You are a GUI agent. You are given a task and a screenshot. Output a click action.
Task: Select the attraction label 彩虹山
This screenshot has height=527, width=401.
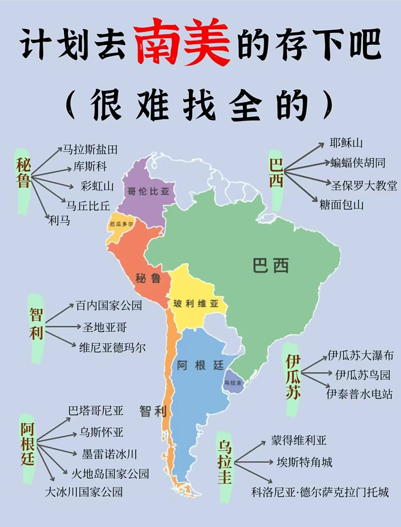tap(97, 186)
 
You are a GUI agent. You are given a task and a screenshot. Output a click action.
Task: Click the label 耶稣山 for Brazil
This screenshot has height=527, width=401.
tap(346, 143)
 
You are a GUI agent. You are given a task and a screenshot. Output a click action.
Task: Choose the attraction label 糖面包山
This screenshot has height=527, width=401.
tap(341, 204)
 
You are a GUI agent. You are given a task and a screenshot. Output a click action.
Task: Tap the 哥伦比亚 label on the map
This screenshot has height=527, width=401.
tap(148, 191)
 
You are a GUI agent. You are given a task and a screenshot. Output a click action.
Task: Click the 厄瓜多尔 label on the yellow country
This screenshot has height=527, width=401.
tap(121, 224)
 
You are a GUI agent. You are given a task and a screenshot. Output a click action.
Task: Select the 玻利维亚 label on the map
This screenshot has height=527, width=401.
tap(196, 304)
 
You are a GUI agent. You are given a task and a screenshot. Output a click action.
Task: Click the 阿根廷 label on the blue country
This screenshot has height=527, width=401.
tap(200, 365)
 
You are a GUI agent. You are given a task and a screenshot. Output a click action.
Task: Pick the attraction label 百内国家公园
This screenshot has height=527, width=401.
tap(109, 305)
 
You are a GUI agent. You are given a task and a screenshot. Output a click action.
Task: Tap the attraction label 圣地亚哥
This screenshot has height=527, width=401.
tap(105, 327)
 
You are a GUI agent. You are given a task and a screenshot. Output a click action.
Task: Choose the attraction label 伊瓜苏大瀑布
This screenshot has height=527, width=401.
tap(361, 355)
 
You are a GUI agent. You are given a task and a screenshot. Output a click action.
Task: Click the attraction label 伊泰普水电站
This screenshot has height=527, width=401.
tap(359, 394)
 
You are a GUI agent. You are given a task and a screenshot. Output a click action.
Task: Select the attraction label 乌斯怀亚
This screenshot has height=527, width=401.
tap(101, 432)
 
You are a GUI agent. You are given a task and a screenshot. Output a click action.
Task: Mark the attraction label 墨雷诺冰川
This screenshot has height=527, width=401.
tap(109, 454)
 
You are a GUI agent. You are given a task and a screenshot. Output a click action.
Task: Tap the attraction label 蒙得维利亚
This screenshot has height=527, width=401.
tap(298, 440)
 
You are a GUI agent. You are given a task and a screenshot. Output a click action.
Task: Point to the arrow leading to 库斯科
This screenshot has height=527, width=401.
tap(51, 172)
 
